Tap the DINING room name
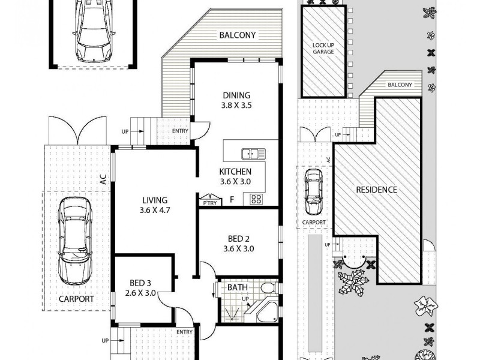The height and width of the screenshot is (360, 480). tap(236, 95)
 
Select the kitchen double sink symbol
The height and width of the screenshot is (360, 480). tap(253, 154)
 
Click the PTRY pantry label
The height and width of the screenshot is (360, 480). tap(209, 203)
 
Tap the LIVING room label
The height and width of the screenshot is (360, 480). tap(154, 200)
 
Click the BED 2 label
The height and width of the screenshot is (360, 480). tap(239, 238)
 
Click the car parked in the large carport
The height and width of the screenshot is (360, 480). tap(74, 241)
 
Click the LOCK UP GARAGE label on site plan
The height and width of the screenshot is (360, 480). tap(323, 49)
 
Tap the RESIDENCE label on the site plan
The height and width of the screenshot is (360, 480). tap(376, 190)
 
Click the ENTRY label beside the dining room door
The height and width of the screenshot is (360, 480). tap(179, 131)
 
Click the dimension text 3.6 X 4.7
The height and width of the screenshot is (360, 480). tap(154, 211)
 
